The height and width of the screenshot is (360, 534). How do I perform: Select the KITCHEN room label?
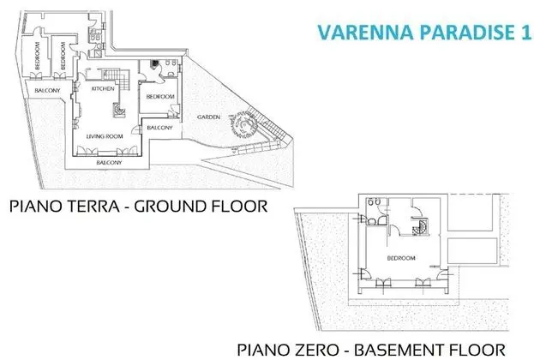[103, 88]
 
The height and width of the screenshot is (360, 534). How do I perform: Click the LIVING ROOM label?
[105, 136]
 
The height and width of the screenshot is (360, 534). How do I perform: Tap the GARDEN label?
[208, 117]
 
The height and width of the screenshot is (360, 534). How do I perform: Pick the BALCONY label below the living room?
[109, 163]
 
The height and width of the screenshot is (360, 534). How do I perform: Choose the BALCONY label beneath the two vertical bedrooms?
[47, 90]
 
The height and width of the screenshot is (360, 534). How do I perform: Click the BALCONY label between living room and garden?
[159, 128]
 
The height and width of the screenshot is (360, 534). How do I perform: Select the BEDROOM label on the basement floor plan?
[401, 258]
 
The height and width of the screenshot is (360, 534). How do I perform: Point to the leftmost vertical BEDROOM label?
[37, 56]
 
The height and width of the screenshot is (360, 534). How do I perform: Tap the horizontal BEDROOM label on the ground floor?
[160, 97]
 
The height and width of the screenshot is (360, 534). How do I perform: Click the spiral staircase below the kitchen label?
[119, 110]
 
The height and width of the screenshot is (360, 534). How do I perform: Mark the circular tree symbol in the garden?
[243, 124]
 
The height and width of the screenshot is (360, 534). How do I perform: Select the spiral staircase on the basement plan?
[422, 227]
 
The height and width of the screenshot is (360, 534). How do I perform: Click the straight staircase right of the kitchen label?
[122, 80]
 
